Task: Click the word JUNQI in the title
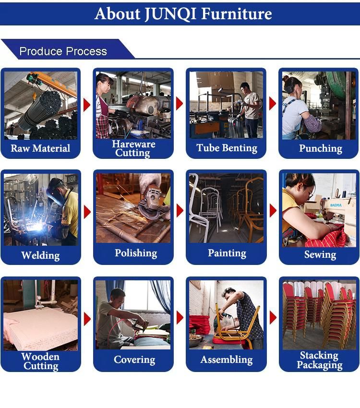(x=170, y=14)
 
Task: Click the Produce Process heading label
(x=63, y=51)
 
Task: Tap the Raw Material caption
(x=40, y=148)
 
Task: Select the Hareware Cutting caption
(x=133, y=148)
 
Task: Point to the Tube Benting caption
(x=227, y=148)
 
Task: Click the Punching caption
(x=321, y=148)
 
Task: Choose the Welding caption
(x=40, y=255)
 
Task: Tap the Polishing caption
(x=136, y=253)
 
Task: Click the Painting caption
(x=227, y=253)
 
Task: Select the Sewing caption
(x=320, y=254)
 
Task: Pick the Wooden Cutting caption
(x=41, y=361)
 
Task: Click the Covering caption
(x=134, y=360)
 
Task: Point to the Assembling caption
(x=227, y=360)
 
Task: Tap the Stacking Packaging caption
(x=320, y=360)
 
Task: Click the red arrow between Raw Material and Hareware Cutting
(x=87, y=105)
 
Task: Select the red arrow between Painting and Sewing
(x=273, y=211)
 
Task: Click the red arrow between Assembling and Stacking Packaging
(x=273, y=317)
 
